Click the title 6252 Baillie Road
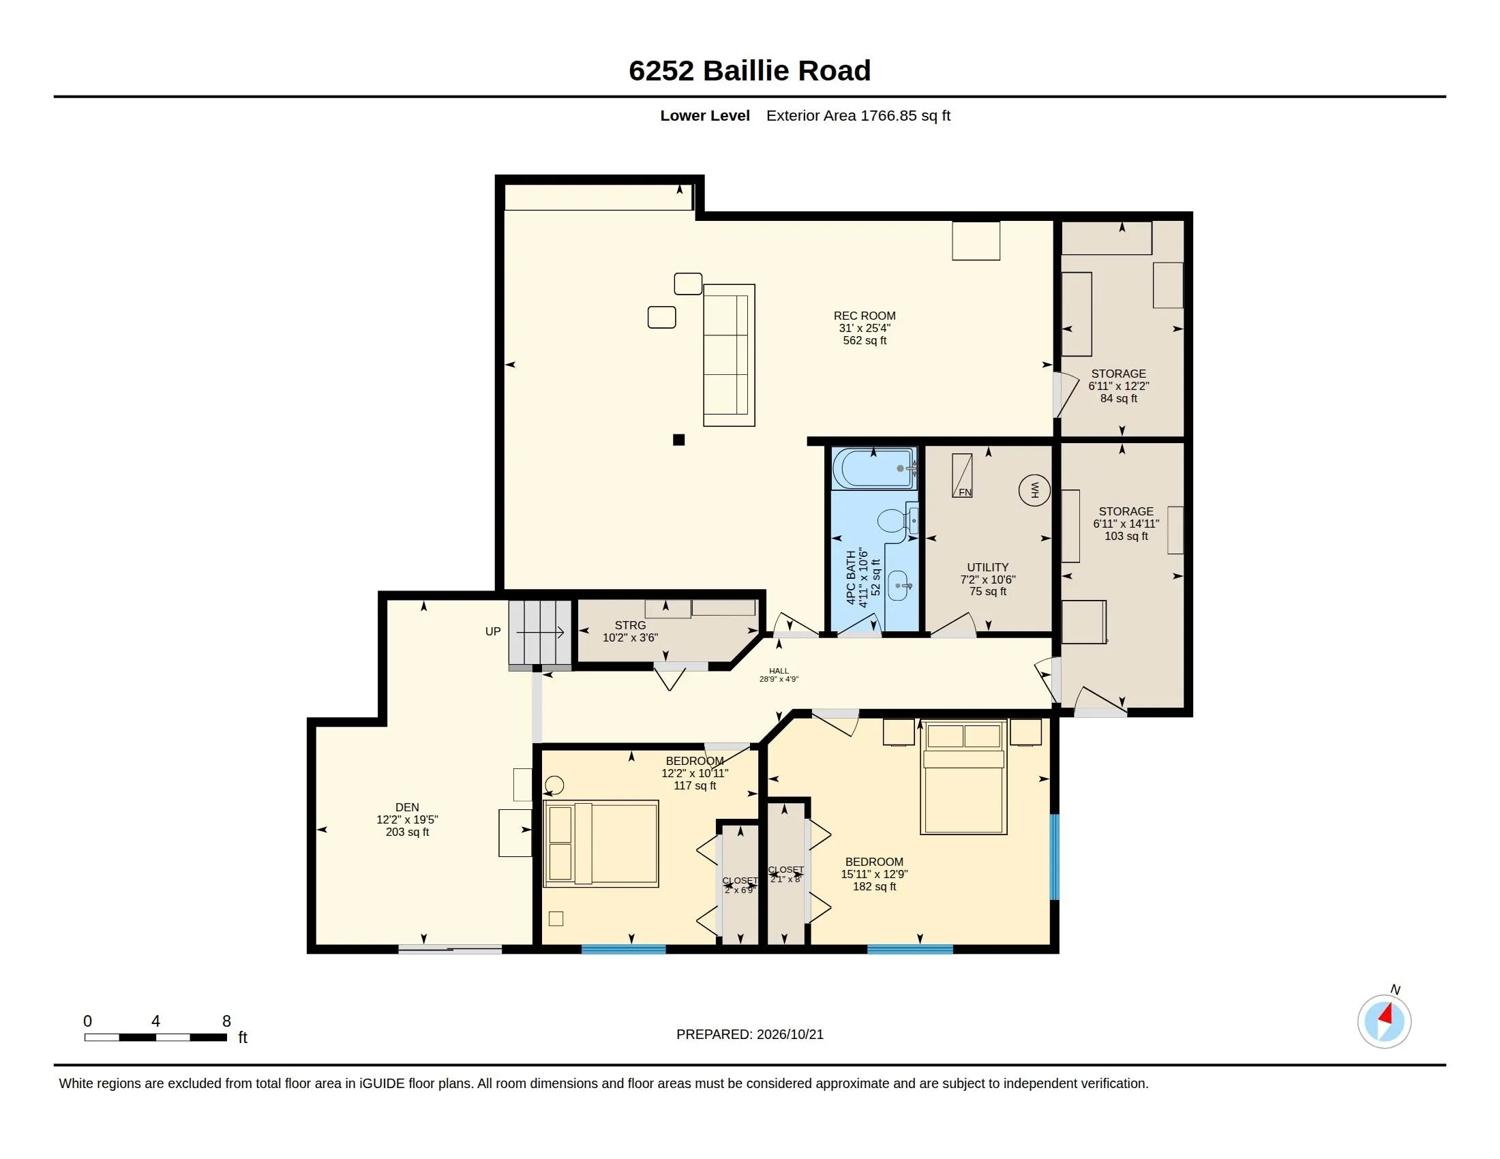tap(749, 70)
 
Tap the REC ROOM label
tap(864, 316)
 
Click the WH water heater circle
tap(1034, 490)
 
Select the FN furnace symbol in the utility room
tap(961, 475)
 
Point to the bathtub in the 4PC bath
tap(873, 468)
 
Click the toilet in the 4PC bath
tap(897, 520)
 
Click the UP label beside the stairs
tap(492, 632)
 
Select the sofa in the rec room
tap(729, 355)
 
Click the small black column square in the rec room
tap(678, 440)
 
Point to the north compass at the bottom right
tap(1384, 1021)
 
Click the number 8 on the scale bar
tap(226, 1021)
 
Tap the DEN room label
tap(406, 807)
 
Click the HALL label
tap(779, 671)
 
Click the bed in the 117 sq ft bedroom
tap(601, 843)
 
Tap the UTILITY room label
tap(988, 567)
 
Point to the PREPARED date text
tap(749, 1034)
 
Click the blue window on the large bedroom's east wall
tap(1055, 857)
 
